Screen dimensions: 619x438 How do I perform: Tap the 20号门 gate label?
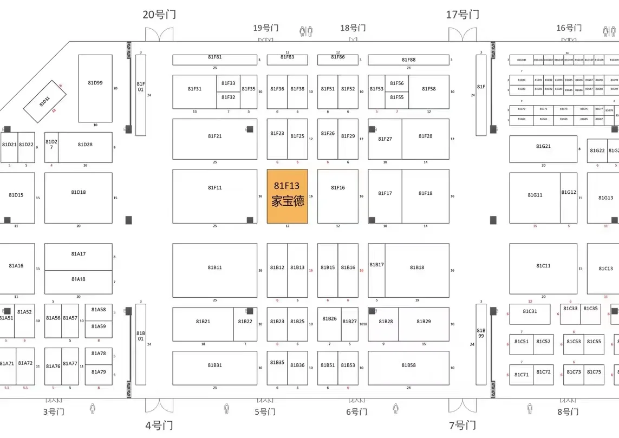point(159,15)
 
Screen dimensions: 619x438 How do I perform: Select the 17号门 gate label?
point(462,15)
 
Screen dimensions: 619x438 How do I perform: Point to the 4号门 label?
point(159,425)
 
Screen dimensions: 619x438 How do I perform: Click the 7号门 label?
point(462,425)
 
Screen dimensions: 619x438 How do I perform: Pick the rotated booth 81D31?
point(45,101)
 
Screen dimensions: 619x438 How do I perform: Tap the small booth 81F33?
point(229,83)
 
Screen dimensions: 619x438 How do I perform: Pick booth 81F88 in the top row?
point(409,60)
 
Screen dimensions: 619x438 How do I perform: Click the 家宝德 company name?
point(288,201)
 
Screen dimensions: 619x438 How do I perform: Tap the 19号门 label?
point(266,28)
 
